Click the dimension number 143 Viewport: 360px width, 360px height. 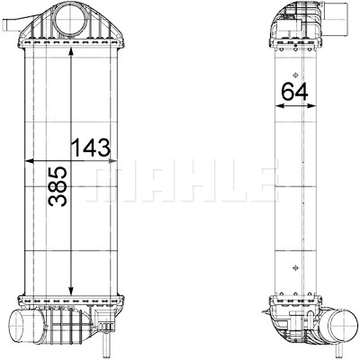pyautogui.click(x=91, y=148)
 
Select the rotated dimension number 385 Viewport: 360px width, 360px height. pyautogui.click(x=58, y=186)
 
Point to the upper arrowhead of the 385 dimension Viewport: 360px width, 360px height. pyautogui.click(x=71, y=52)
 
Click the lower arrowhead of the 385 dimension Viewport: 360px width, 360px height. pyautogui.click(x=71, y=290)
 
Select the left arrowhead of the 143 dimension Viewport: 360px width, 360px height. pyautogui.click(x=30, y=161)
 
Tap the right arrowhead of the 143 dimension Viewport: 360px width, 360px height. pyautogui.click(x=112, y=161)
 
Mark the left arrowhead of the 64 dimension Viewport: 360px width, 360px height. pyautogui.click(x=280, y=105)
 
